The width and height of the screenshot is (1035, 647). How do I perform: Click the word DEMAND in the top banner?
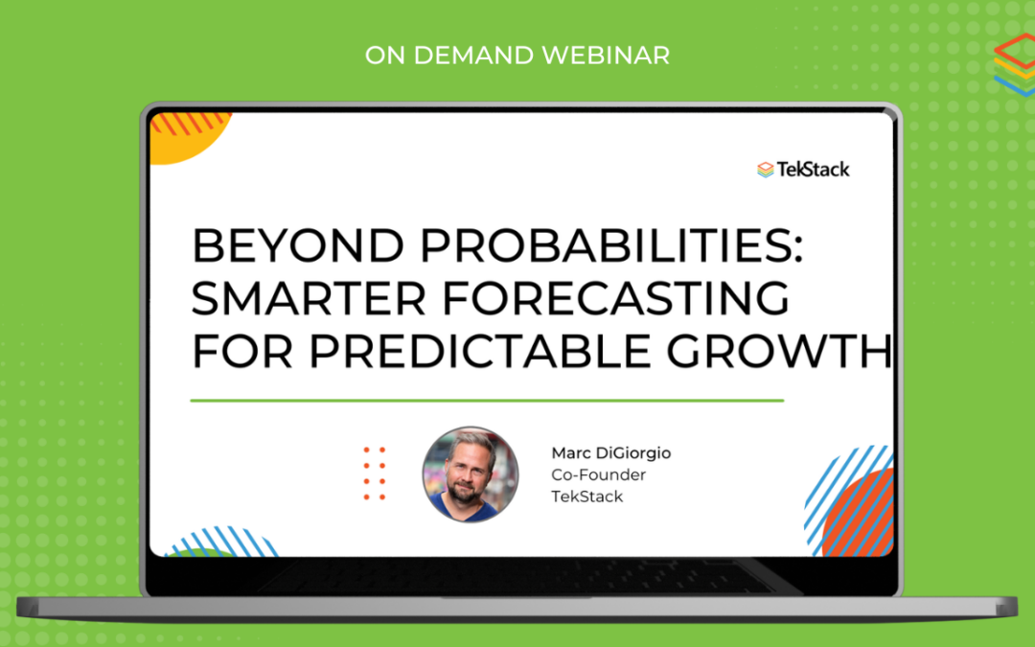pos(472,56)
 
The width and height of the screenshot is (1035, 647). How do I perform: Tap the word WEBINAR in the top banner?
pos(606,56)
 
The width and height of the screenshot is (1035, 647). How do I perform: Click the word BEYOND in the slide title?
pos(298,245)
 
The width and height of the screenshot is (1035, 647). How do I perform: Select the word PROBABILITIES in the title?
pos(611,245)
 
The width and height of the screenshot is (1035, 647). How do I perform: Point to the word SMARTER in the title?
pos(309,298)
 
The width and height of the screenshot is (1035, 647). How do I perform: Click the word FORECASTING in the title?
pos(616,298)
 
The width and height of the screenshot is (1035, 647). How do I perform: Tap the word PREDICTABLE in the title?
pos(480,351)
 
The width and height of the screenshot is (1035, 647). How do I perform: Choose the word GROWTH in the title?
pos(779,351)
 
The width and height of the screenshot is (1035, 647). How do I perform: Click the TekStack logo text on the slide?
pos(814,170)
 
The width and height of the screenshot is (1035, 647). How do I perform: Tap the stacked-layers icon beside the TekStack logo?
pos(766,170)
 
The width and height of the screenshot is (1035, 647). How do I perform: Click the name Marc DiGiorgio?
pos(611,452)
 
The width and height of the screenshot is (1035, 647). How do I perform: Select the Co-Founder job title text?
pos(599,474)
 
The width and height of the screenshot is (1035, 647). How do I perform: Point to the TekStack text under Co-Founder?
pos(586,497)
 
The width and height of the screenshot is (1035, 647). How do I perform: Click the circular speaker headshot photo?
pos(470,474)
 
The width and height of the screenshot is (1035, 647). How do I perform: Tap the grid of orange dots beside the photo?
pos(375,474)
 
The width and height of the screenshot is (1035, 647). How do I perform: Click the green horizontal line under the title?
pos(487,400)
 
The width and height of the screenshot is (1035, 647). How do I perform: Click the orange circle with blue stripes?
pos(856,513)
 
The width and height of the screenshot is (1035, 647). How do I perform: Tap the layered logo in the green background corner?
pos(1015,65)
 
